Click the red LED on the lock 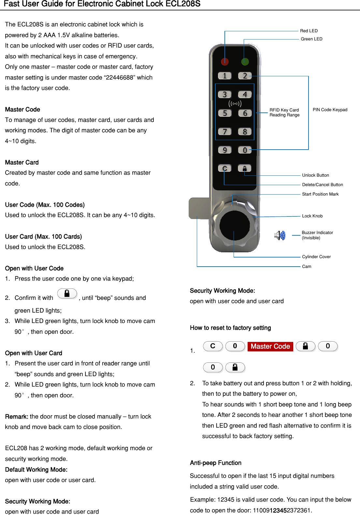225,61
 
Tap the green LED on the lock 245,61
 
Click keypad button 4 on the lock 245,95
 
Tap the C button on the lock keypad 224,168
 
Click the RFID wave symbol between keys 235,104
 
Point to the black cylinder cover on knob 235,225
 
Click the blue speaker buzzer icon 280,235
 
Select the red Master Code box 270,346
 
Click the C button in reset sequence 213,346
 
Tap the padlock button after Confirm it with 67,294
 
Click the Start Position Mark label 320,194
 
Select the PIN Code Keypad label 330,110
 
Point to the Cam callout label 306,267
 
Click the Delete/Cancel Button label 322,185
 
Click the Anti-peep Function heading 215,463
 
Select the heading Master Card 22,162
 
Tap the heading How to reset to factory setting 230,328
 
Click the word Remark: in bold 17,417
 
